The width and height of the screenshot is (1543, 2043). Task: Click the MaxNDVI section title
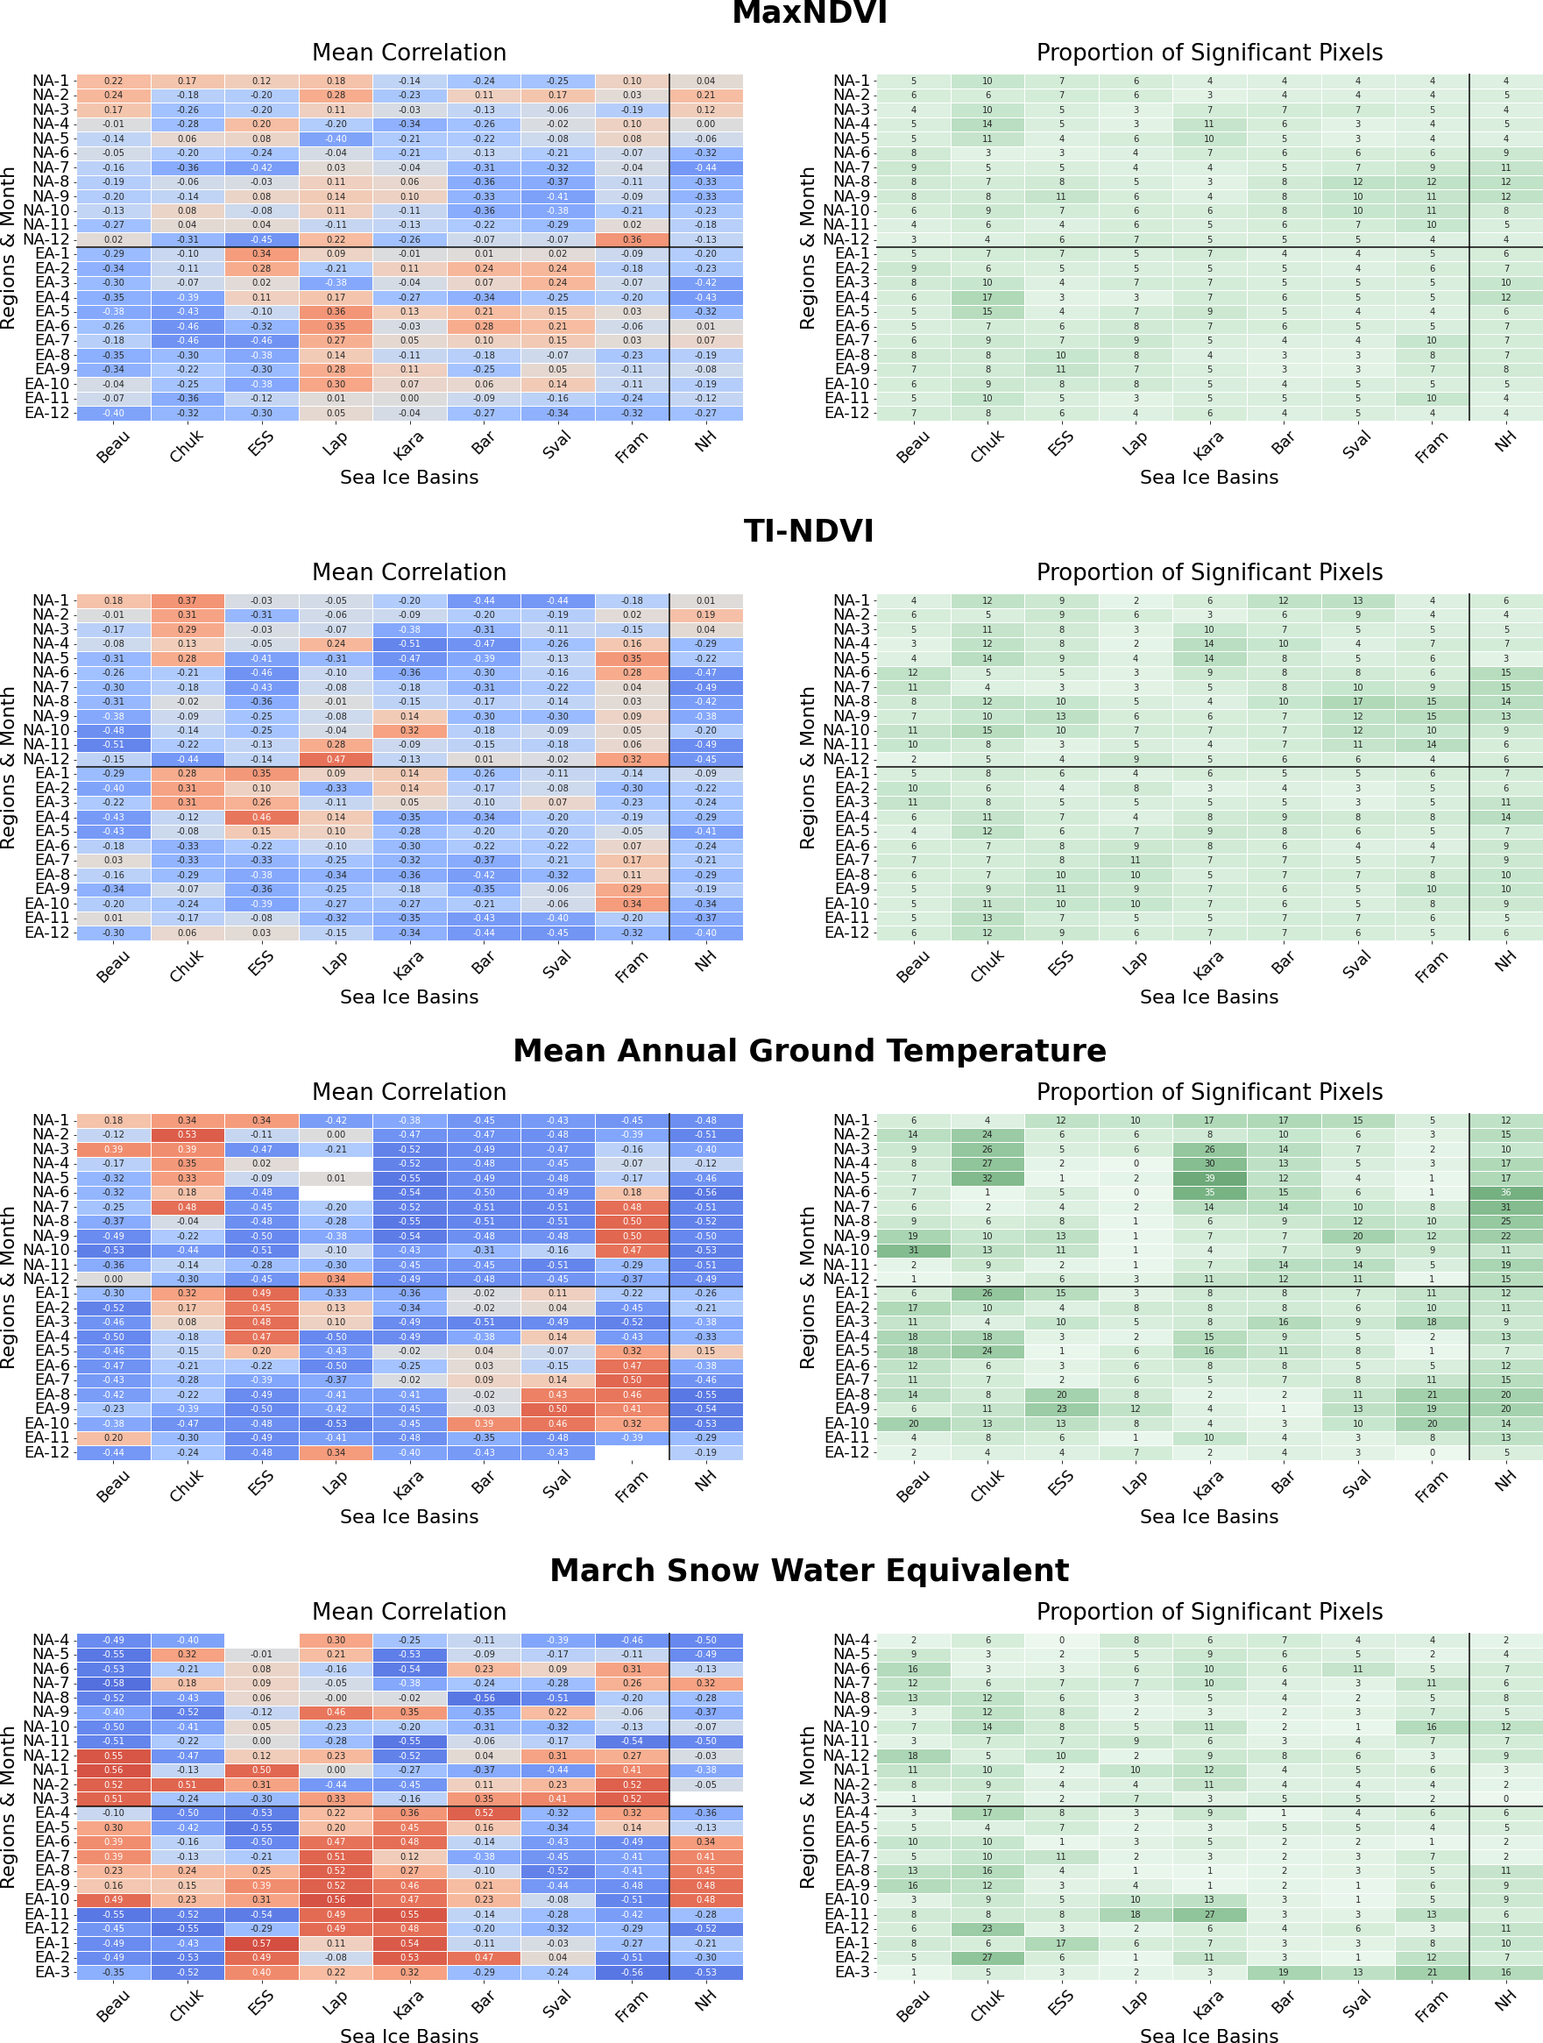[x=809, y=13]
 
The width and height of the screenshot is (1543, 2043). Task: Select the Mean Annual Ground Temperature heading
[x=809, y=1051]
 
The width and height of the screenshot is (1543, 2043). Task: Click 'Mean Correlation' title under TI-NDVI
[x=409, y=572]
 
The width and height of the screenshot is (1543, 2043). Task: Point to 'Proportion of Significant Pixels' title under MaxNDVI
[x=1209, y=53]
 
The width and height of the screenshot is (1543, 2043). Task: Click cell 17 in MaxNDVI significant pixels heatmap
[x=987, y=297]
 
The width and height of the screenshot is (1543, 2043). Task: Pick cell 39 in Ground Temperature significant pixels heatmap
[x=1209, y=1178]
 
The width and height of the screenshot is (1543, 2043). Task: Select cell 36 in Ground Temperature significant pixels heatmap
[x=1505, y=1192]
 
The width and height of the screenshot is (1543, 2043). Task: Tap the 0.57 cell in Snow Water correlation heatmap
[x=261, y=1943]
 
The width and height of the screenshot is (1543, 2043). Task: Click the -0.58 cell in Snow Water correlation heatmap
[x=113, y=1684]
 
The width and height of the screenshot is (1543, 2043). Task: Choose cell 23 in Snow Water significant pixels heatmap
[x=987, y=1928]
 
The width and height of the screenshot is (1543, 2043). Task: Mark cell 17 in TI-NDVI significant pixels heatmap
[x=1357, y=701]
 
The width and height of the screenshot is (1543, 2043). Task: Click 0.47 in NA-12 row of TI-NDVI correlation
[x=336, y=759]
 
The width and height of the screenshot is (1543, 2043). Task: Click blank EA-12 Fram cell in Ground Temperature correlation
[x=632, y=1452]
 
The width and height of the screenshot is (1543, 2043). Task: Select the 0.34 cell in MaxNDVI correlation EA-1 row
[x=261, y=254]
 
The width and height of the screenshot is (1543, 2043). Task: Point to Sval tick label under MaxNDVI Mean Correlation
[x=556, y=444]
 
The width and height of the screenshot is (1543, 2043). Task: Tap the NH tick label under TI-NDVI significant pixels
[x=1505, y=962]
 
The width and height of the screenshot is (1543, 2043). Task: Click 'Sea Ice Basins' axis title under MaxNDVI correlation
[x=409, y=478]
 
